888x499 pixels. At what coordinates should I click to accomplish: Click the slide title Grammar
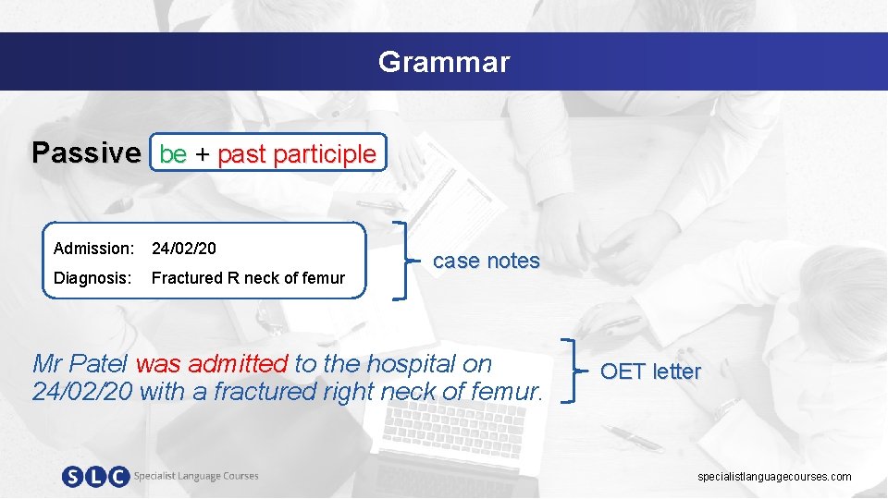click(443, 62)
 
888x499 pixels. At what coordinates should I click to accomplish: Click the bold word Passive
click(87, 152)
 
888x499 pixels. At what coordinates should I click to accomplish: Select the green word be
click(173, 154)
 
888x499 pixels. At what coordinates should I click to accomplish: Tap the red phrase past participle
click(297, 154)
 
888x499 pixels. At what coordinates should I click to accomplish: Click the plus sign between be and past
click(202, 154)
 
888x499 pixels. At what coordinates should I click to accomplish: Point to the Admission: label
click(93, 249)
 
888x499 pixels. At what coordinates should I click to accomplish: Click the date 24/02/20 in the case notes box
click(184, 249)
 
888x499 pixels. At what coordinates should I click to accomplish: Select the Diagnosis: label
click(92, 278)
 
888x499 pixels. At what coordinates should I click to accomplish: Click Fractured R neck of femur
click(248, 278)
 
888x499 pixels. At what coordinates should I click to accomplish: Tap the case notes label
click(486, 261)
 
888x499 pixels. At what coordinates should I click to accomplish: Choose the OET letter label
click(650, 371)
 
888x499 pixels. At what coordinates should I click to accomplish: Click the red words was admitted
click(212, 363)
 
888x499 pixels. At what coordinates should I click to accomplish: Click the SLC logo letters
click(95, 477)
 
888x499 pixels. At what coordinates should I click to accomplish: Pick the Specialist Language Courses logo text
click(196, 476)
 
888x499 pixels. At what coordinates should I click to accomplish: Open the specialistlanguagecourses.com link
click(774, 477)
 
